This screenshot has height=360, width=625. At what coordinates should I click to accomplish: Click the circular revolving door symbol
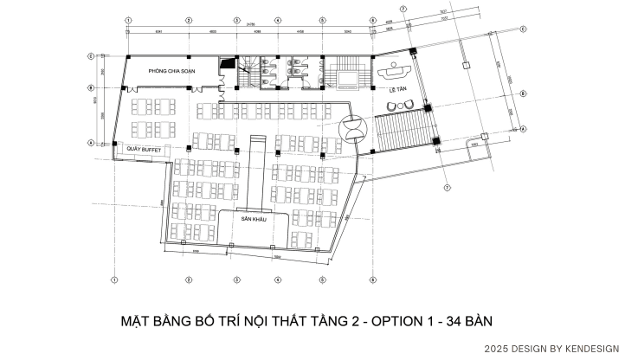353,128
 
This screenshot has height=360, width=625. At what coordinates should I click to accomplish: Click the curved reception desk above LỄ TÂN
396,66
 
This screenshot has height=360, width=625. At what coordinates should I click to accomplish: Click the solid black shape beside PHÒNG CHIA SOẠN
227,62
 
